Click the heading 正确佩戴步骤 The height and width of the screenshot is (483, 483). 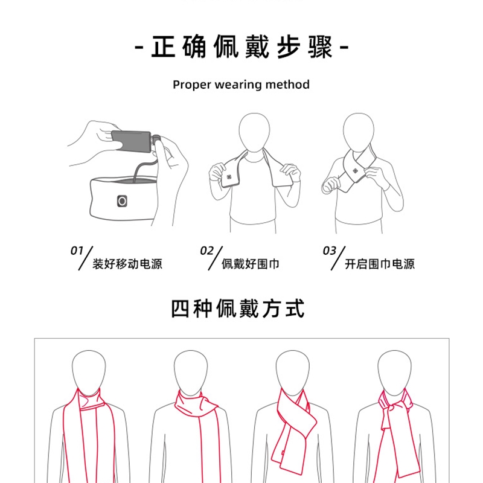click(242, 47)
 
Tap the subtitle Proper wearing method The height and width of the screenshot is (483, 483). click(241, 85)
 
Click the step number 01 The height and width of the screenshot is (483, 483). click(77, 251)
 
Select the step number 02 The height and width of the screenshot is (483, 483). click(206, 251)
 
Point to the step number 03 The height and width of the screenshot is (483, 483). click(329, 251)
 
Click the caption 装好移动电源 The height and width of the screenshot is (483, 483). click(127, 264)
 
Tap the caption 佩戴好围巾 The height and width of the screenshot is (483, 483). click(251, 264)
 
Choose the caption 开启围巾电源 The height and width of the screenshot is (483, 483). click(380, 264)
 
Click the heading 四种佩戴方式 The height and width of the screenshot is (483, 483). click(238, 309)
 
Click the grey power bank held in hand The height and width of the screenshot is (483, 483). click(131, 141)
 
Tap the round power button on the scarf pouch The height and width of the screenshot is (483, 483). click(122, 201)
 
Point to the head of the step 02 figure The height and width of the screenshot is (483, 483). click(254, 132)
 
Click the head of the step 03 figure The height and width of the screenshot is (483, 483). click(359, 132)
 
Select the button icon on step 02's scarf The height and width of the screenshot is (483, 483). click(229, 177)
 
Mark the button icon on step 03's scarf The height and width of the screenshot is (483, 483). click(355, 171)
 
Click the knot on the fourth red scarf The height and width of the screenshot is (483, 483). click(394, 408)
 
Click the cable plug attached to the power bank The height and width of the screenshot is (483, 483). click(156, 139)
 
